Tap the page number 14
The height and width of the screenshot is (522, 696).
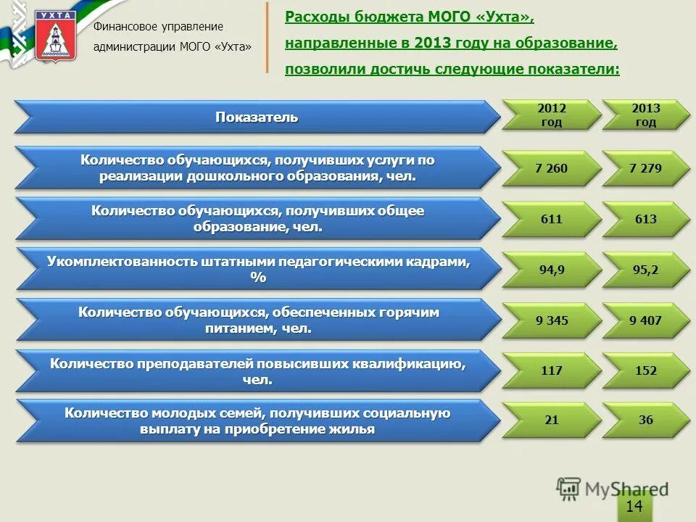634,506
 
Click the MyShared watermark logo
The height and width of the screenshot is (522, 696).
613,489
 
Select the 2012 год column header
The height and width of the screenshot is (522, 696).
552,115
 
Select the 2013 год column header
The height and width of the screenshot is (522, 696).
646,115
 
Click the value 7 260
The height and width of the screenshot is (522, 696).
552,168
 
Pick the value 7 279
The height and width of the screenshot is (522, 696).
646,168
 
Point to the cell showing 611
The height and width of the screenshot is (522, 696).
552,218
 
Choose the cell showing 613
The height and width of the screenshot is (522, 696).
646,218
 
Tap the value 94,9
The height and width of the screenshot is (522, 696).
552,269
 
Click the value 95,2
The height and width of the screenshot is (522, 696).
646,269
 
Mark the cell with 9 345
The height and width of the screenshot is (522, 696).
552,320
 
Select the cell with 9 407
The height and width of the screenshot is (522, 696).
646,320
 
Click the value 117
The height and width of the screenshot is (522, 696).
552,370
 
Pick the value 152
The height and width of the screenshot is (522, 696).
646,370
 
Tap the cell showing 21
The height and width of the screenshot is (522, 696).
552,420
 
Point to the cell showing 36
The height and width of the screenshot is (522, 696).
646,420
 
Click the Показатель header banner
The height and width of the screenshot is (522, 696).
257,117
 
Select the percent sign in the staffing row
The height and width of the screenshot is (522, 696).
258,278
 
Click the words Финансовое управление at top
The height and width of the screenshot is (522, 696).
158,27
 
